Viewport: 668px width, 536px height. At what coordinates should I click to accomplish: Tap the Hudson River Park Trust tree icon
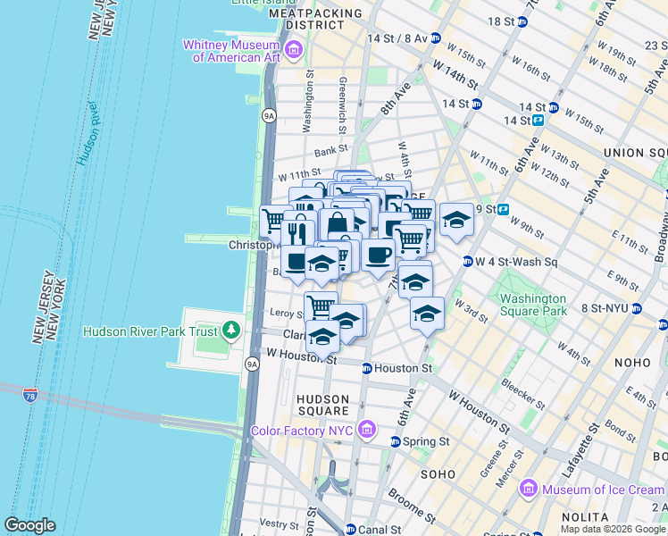click(232, 331)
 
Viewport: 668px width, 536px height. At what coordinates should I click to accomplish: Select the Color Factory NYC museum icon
click(365, 431)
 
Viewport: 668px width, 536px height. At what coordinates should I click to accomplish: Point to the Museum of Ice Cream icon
click(528, 489)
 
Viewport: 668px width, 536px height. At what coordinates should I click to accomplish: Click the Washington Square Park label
click(533, 305)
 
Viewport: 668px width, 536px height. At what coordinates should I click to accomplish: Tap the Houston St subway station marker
click(366, 368)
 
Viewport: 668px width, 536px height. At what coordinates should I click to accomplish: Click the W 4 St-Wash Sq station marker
click(467, 262)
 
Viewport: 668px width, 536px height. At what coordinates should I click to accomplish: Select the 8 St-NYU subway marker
click(637, 308)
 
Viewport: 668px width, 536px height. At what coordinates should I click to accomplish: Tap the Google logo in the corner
click(29, 525)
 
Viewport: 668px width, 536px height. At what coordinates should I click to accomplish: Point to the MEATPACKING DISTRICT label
click(315, 20)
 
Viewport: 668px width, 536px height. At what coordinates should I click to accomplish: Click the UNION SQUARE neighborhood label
click(635, 153)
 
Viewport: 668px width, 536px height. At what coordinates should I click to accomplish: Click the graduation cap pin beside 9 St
click(456, 220)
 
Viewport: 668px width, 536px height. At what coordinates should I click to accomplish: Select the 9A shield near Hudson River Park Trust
click(252, 364)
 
